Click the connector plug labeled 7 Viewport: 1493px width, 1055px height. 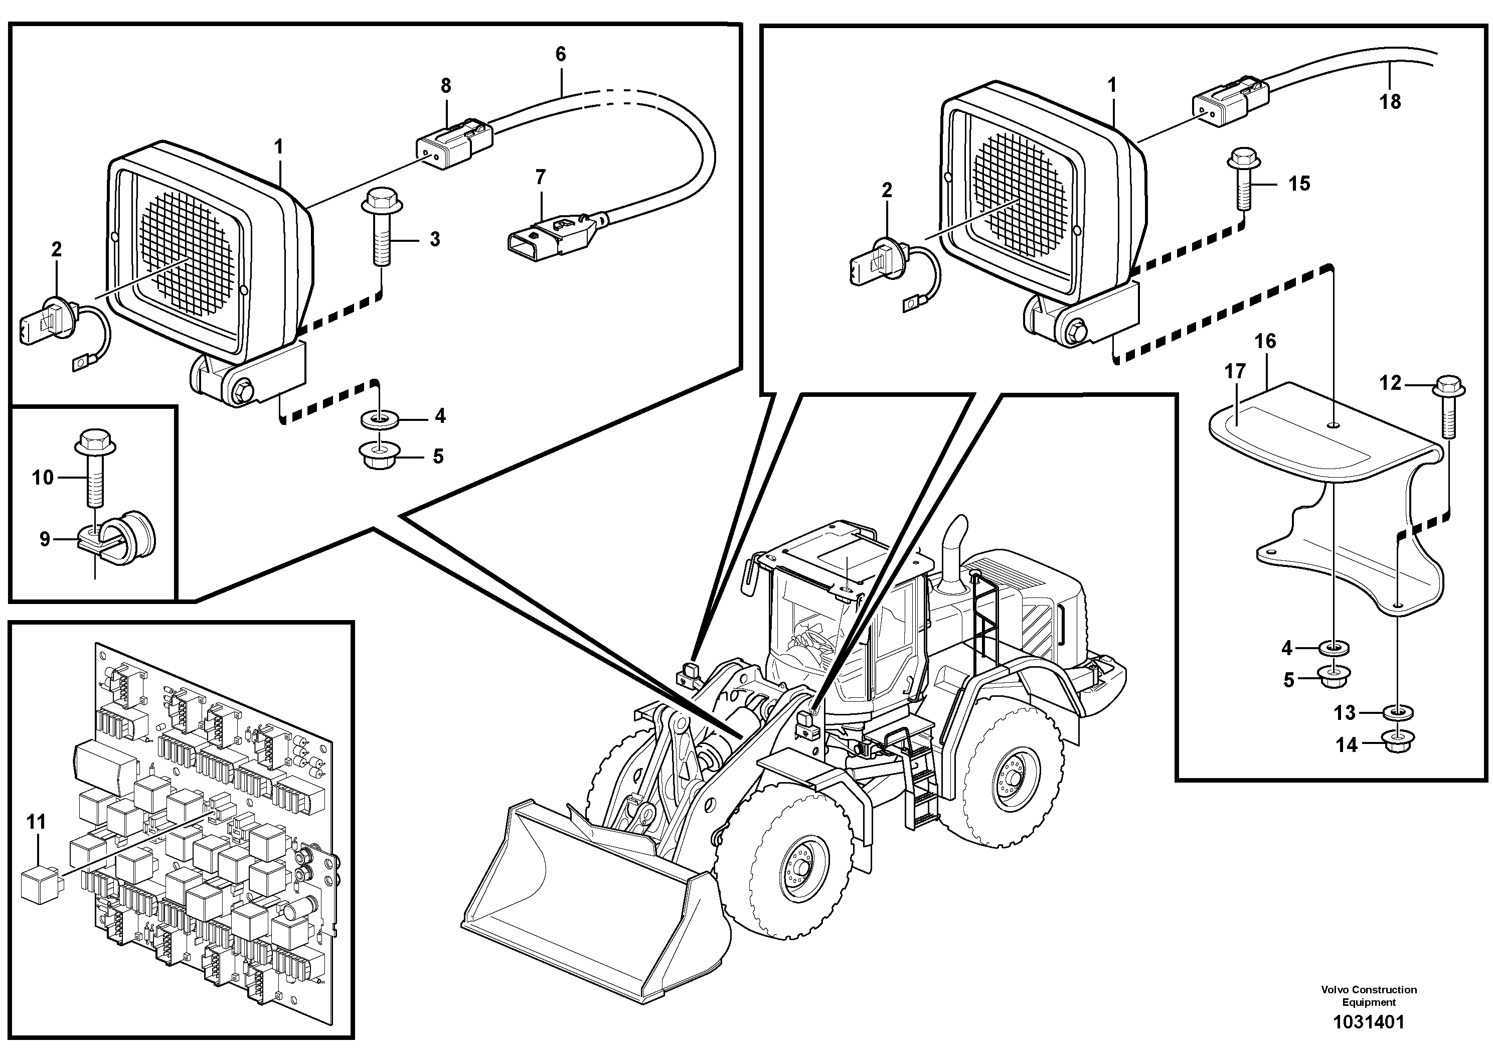point(550,237)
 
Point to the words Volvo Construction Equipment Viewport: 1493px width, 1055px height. point(1369,996)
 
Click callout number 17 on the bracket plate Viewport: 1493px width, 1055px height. point(1234,371)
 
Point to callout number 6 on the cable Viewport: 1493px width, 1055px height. point(561,55)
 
